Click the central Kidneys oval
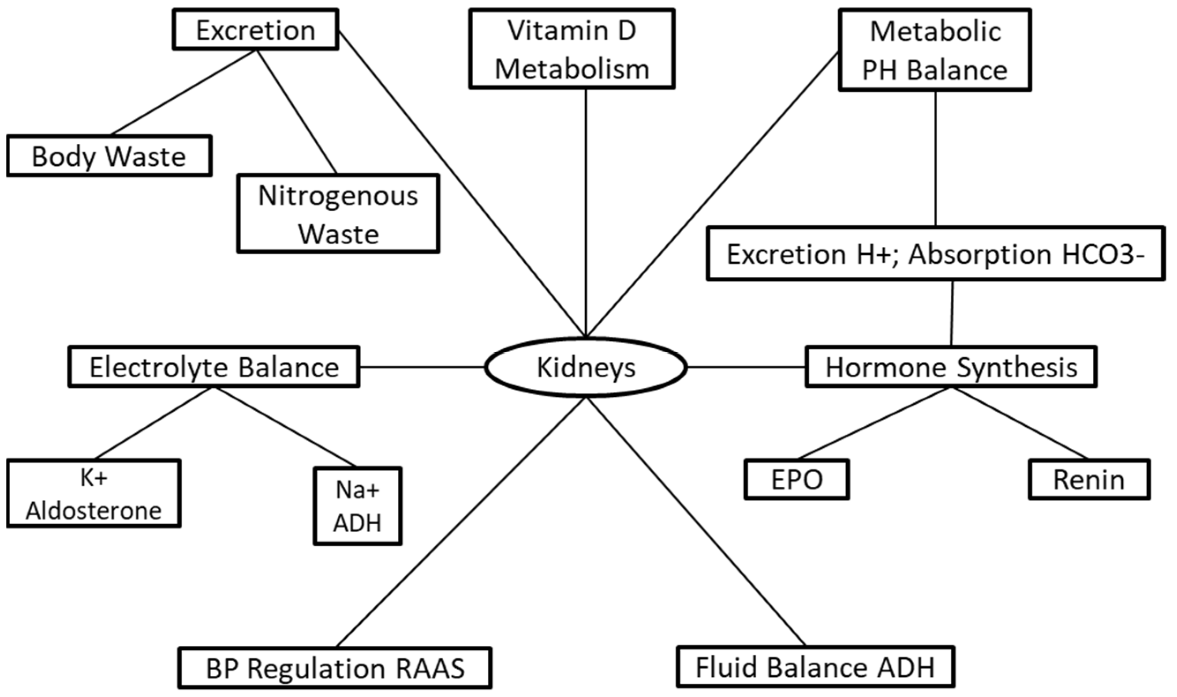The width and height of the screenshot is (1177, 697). pos(586,368)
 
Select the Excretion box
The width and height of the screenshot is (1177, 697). pos(255,30)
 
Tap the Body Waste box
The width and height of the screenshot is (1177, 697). pos(109,156)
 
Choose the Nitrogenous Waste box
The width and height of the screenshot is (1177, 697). pos(338,214)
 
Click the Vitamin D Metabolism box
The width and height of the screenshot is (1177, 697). pos(572,49)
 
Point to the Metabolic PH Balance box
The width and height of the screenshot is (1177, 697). pos(934,50)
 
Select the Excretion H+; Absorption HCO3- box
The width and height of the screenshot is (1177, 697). pos(936,254)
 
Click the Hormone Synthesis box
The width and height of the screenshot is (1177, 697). pos(951,367)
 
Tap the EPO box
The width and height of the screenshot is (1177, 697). pos(796,480)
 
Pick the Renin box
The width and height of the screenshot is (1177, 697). pos(1089,480)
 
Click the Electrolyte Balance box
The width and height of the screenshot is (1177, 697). pos(214,367)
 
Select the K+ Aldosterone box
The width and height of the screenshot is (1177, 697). pos(94,494)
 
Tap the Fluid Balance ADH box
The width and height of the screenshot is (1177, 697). pos(815,667)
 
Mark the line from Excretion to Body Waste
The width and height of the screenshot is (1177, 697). pos(183,93)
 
